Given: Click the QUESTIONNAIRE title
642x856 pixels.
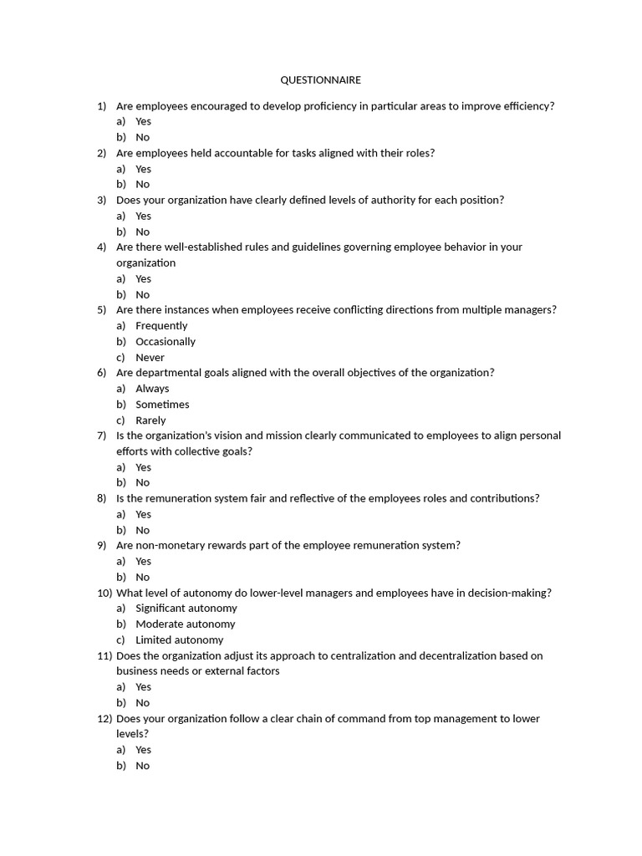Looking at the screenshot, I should (x=320, y=80).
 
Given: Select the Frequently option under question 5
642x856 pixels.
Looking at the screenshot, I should (x=161, y=326).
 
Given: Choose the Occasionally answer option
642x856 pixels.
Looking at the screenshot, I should (x=166, y=342).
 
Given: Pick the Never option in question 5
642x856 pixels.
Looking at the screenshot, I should (x=150, y=358).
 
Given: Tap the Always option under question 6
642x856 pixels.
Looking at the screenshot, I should (x=152, y=389).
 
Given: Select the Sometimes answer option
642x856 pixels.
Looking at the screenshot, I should (x=162, y=405).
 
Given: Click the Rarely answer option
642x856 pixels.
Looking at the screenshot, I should (x=150, y=420).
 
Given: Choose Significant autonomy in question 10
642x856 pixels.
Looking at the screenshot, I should (x=186, y=609).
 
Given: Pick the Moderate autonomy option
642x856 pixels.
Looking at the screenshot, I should (x=185, y=624).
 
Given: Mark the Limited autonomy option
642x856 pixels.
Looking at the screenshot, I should (x=179, y=640).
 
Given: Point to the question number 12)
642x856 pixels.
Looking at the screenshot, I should (x=104, y=719).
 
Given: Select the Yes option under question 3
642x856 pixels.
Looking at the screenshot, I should (x=143, y=217).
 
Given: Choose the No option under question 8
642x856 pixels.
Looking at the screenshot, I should (x=142, y=530).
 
